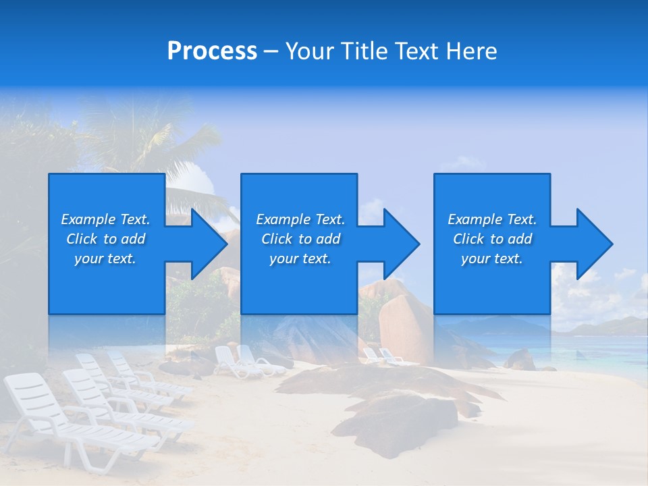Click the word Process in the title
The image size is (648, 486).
pyautogui.click(x=212, y=51)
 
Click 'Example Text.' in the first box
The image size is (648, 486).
pyautogui.click(x=105, y=219)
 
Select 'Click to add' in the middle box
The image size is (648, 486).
pyautogui.click(x=300, y=239)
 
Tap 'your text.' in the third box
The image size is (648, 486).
pyautogui.click(x=491, y=259)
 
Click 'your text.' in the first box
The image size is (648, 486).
pyautogui.click(x=105, y=259)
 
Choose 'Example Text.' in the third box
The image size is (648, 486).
pyautogui.click(x=491, y=219)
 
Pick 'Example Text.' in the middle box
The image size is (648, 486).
pyautogui.click(x=300, y=219)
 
